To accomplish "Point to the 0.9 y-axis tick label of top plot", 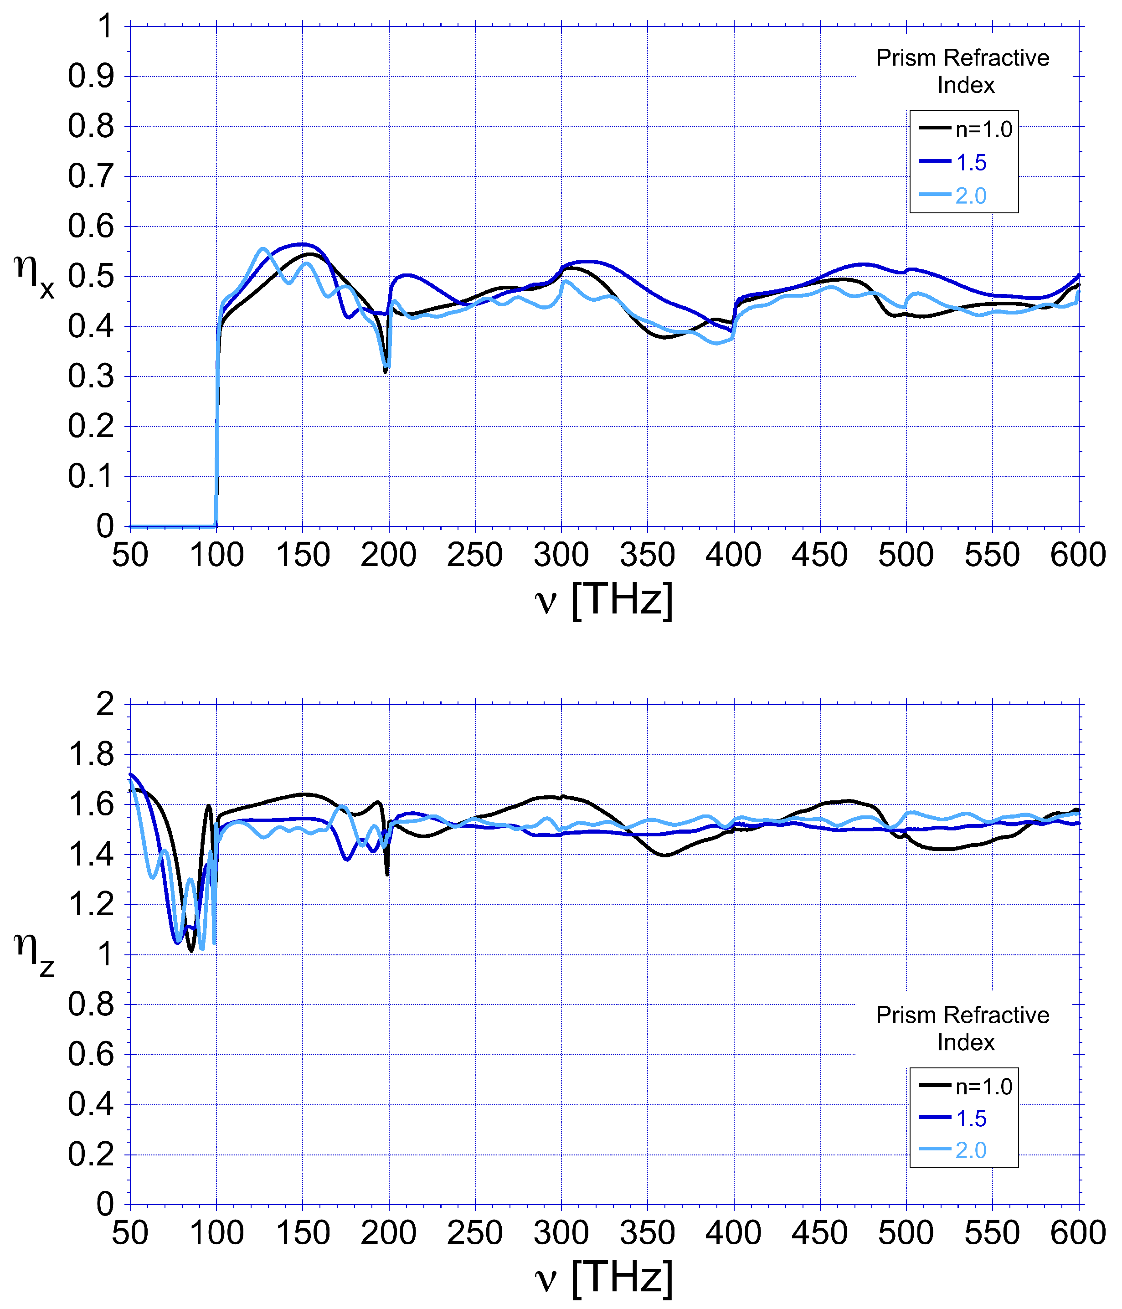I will (91, 77).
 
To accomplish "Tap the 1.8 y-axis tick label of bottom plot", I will (91, 754).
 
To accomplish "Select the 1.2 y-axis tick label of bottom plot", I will (91, 905).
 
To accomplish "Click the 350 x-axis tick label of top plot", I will (648, 555).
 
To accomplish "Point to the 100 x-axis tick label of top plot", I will (216, 555).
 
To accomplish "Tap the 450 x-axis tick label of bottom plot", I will (820, 1233).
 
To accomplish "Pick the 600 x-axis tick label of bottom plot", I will (1078, 1233).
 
